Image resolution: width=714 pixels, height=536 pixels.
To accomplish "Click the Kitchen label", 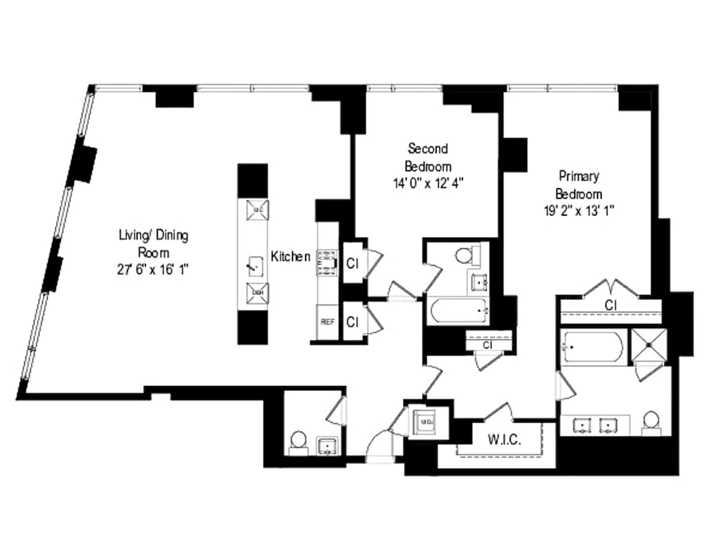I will pyautogui.click(x=290, y=256).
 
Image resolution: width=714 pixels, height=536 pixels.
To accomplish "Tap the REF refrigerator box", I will pyautogui.click(x=327, y=322).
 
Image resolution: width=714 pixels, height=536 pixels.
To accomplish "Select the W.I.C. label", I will pyautogui.click(x=504, y=440).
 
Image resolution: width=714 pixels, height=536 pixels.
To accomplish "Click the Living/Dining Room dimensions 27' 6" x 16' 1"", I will pyautogui.click(x=153, y=269).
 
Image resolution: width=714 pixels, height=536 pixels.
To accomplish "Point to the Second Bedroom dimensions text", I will pyautogui.click(x=428, y=184).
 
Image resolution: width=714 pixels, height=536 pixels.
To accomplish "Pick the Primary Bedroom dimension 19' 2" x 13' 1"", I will pyautogui.click(x=579, y=211).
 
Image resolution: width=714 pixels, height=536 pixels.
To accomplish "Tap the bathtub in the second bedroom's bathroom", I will pyautogui.click(x=459, y=310).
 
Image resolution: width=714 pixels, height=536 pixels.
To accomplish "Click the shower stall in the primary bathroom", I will pyautogui.click(x=649, y=345).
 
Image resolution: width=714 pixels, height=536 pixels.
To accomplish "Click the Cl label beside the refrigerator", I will pyautogui.click(x=352, y=322).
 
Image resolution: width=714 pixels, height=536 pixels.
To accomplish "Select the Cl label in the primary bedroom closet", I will pyautogui.click(x=611, y=306).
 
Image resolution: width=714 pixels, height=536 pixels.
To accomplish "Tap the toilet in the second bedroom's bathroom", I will pyautogui.click(x=464, y=256).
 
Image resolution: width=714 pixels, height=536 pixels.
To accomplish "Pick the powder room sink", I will pyautogui.click(x=327, y=446).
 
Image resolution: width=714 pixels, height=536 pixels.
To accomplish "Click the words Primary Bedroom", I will pyautogui.click(x=579, y=185).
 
